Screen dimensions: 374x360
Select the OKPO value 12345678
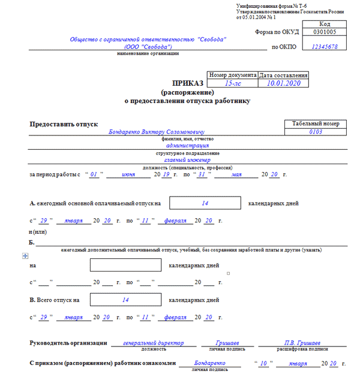325,46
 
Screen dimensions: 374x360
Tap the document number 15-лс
232,84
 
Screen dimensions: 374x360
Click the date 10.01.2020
283,84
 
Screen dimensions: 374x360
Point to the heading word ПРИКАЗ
187,84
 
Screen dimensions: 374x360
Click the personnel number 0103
315,132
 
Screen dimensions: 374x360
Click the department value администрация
187,145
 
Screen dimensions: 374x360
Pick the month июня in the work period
129,174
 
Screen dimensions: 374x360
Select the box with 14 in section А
205,204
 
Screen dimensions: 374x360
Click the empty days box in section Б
125,265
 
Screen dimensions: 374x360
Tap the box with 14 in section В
125,299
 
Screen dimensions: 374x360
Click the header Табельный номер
315,123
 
